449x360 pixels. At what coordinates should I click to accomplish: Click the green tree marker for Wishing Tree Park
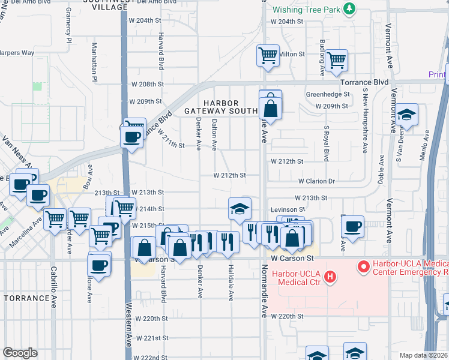(x=349, y=10)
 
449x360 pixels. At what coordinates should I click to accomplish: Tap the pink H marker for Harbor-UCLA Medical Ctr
(x=329, y=277)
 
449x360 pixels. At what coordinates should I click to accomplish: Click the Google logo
(x=20, y=353)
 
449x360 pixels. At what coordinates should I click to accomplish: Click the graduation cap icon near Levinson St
(x=240, y=209)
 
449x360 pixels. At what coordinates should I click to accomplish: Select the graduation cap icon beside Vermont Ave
(x=407, y=115)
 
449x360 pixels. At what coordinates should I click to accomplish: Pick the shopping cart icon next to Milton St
(x=268, y=56)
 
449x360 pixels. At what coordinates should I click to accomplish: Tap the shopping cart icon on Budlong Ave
(x=337, y=60)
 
